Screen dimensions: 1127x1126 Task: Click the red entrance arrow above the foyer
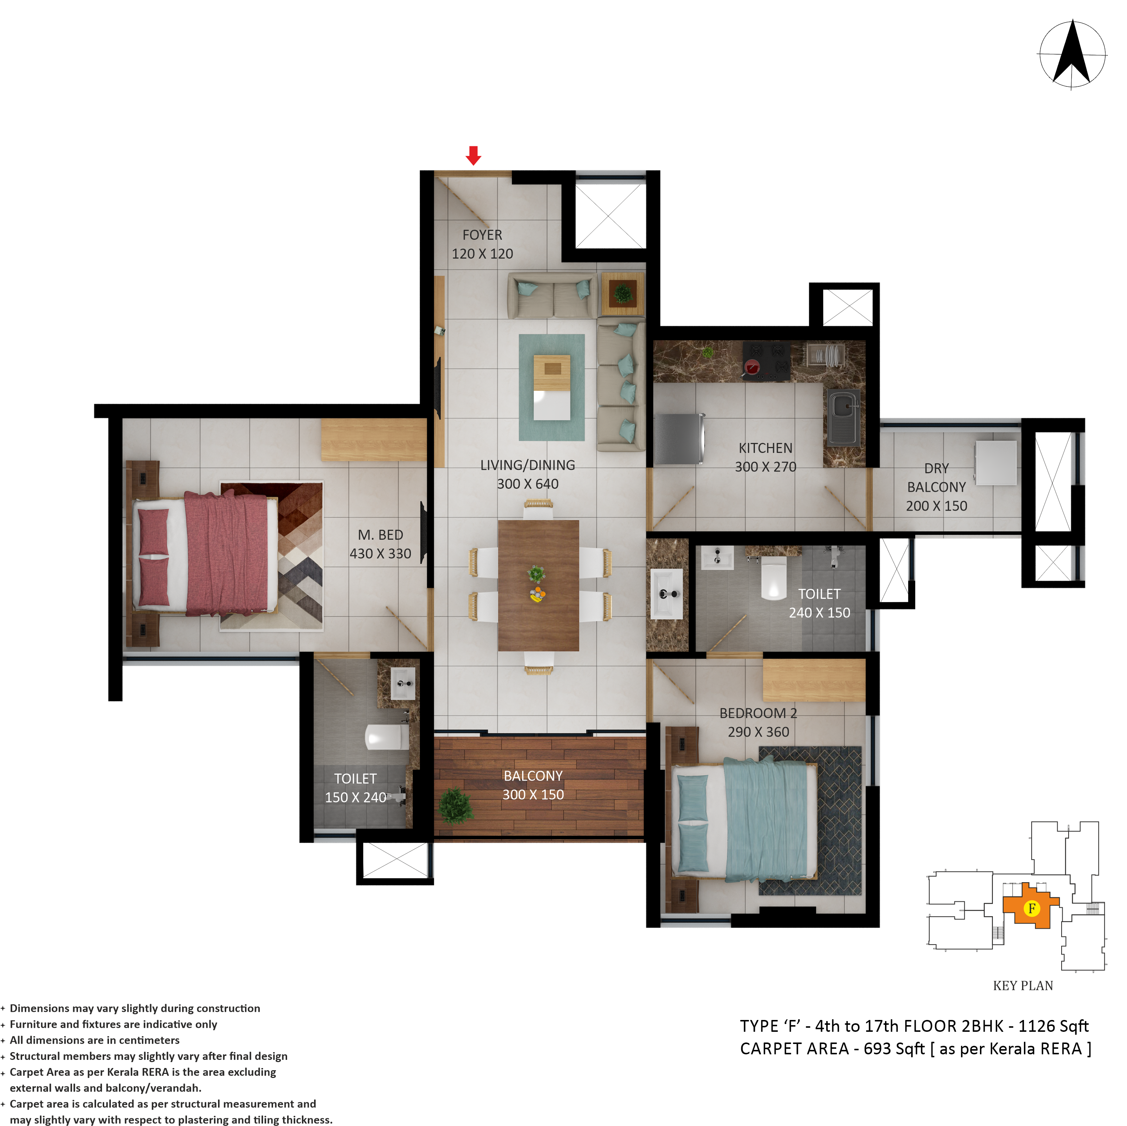(473, 155)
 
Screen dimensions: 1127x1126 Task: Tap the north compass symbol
(1072, 55)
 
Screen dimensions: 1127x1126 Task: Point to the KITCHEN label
(765, 448)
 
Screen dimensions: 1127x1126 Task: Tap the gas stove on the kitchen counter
(766, 360)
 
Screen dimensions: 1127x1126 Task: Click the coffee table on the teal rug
(552, 387)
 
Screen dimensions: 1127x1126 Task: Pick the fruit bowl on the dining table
(537, 596)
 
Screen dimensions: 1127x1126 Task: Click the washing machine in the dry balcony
(996, 463)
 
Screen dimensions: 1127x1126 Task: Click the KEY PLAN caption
(1023, 986)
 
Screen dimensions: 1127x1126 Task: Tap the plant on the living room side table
(623, 293)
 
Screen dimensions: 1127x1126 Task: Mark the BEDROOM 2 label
(758, 713)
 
